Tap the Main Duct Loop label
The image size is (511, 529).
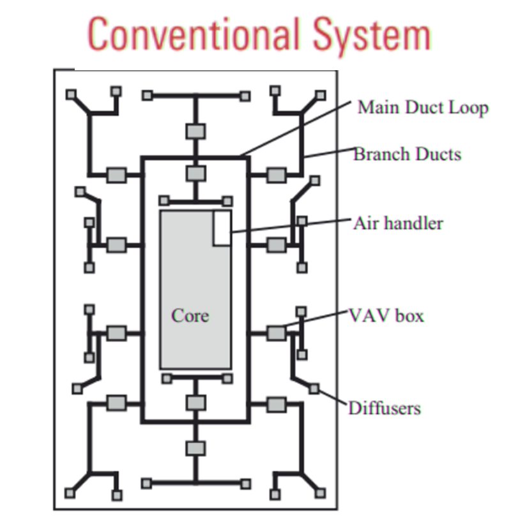(422, 107)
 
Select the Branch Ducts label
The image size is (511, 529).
(407, 154)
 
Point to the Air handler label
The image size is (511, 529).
(398, 223)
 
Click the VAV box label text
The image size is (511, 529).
(386, 315)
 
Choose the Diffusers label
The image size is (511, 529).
(384, 408)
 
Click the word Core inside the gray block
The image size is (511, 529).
(190, 315)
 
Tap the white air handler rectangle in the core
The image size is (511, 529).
(222, 228)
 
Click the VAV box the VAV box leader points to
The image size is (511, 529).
(276, 332)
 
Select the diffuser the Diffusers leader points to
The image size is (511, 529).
(314, 388)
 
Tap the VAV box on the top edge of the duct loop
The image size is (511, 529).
(195, 173)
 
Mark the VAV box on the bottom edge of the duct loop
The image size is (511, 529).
(195, 403)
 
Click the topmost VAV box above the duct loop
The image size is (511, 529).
(195, 131)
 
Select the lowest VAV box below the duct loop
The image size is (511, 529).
(195, 448)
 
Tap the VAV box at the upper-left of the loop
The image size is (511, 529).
(116, 174)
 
